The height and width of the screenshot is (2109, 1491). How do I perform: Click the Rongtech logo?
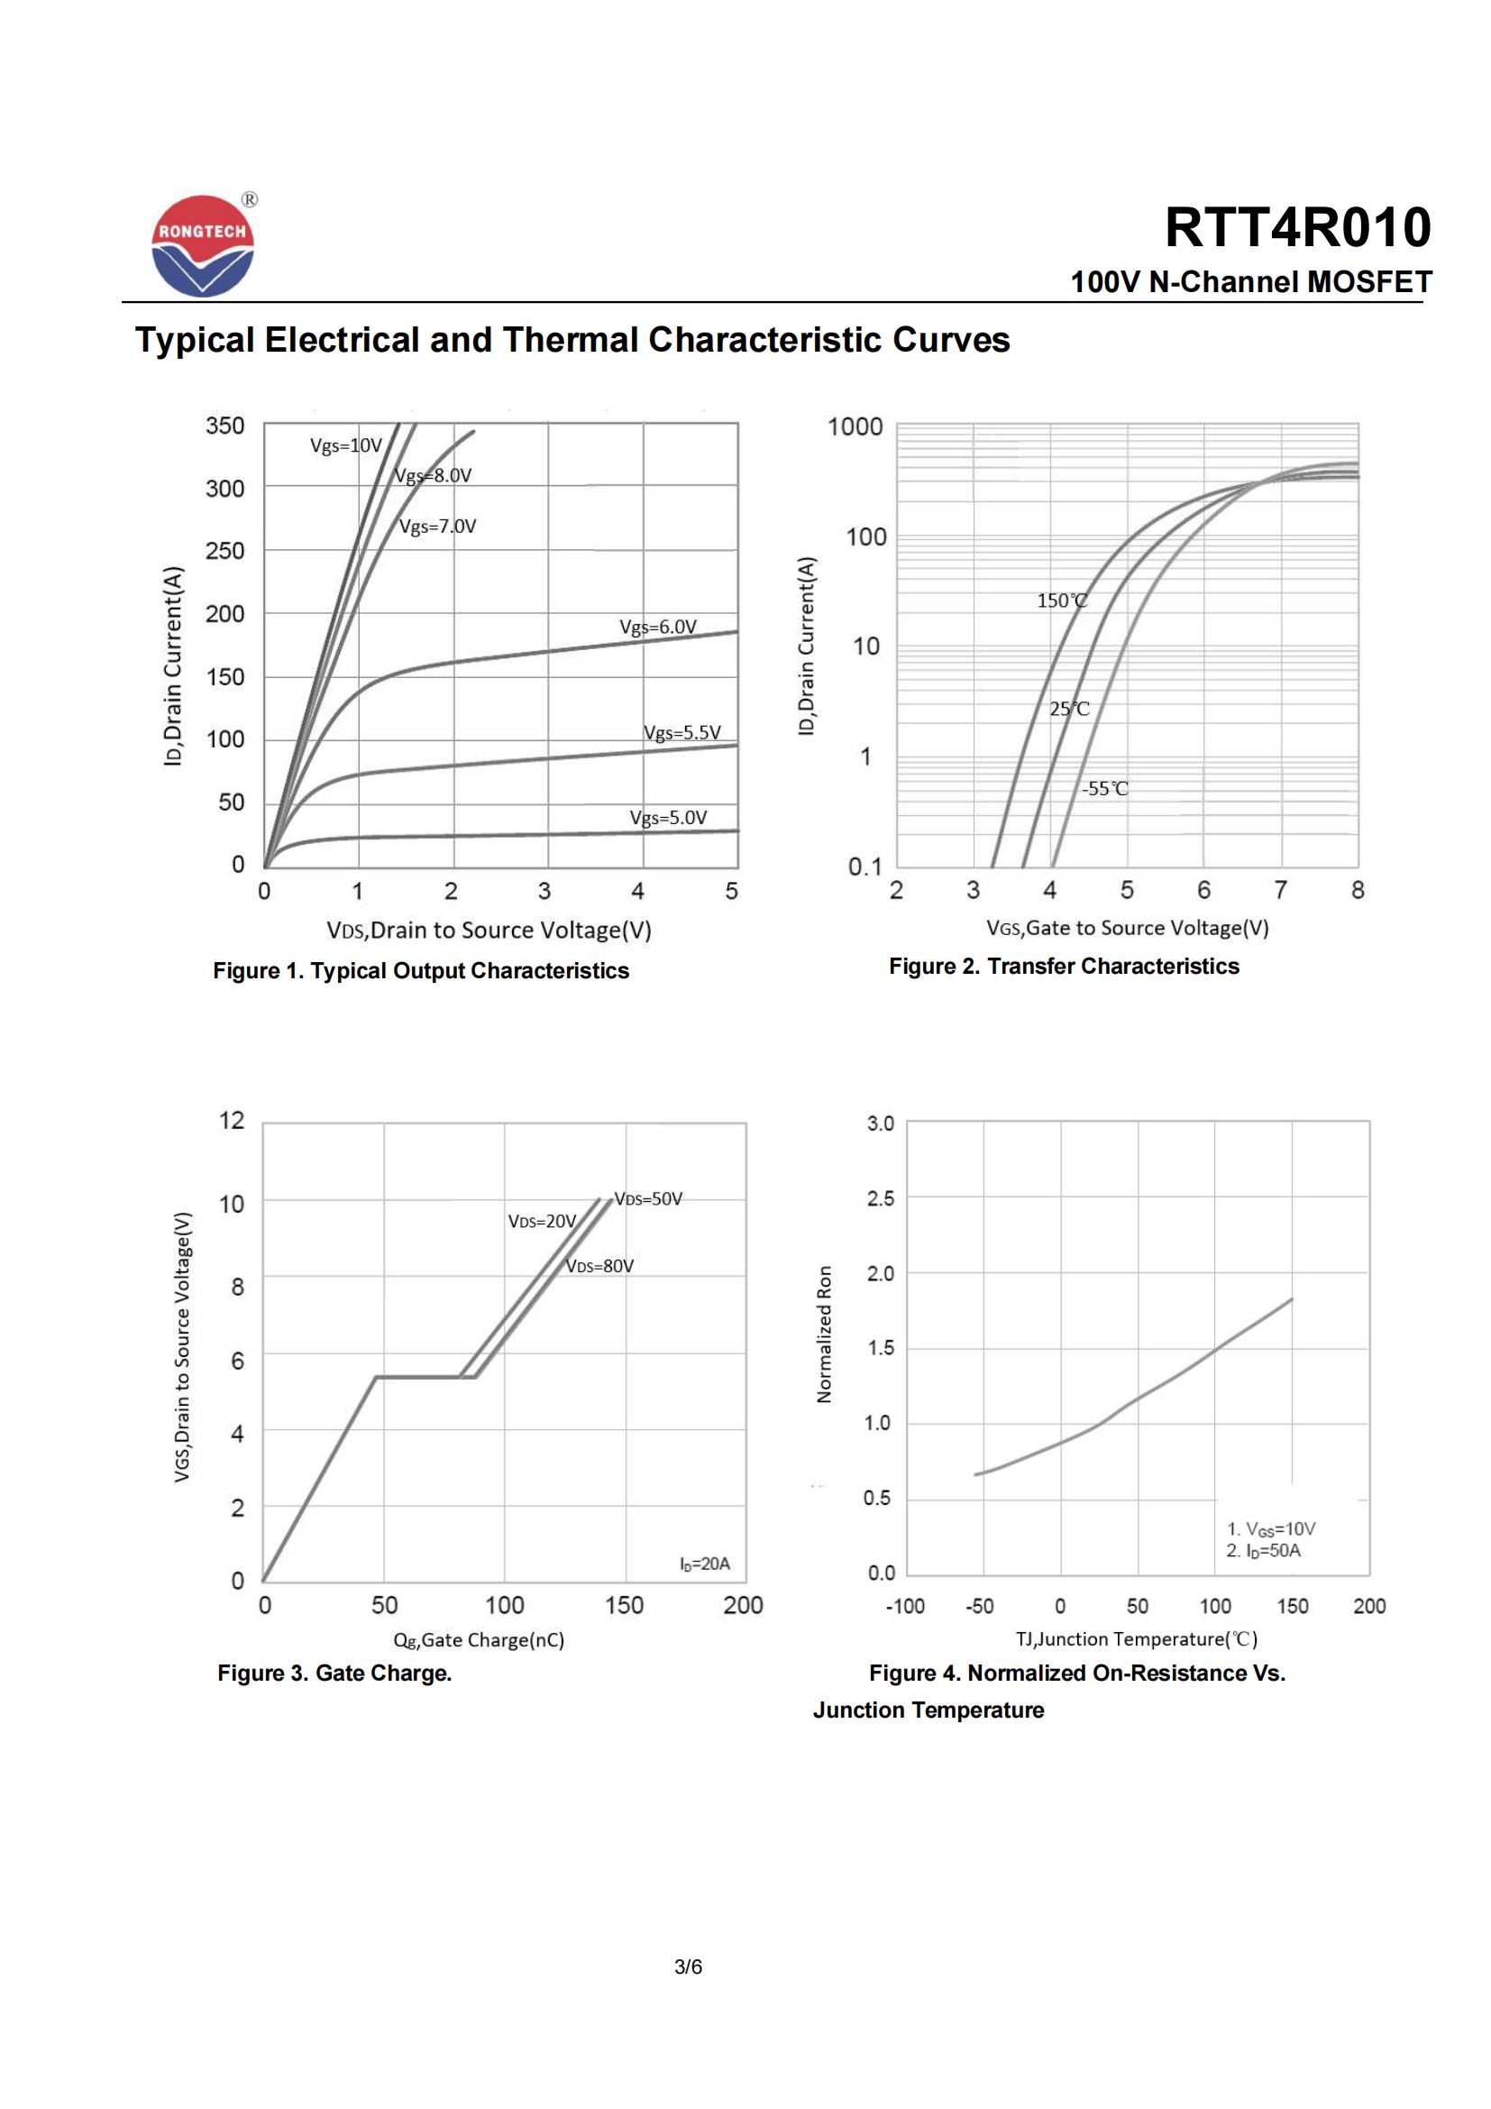pyautogui.click(x=203, y=245)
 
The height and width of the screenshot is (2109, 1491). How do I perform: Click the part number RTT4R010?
pyautogui.click(x=1297, y=227)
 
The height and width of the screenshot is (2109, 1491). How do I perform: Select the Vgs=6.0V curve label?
pyautogui.click(x=657, y=628)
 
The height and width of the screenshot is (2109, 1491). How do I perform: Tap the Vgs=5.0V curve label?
pyautogui.click(x=667, y=818)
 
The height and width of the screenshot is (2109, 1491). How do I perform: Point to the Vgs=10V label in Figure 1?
pyautogui.click(x=345, y=445)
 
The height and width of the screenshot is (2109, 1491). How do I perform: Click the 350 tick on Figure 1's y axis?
pyautogui.click(x=225, y=426)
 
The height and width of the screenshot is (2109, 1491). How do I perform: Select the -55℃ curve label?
pyautogui.click(x=1104, y=788)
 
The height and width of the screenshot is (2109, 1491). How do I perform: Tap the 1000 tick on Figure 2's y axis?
pyautogui.click(x=855, y=427)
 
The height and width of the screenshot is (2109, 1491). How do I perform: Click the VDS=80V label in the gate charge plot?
pyautogui.click(x=599, y=1266)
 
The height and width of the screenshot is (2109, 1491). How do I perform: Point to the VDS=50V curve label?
pyautogui.click(x=648, y=1198)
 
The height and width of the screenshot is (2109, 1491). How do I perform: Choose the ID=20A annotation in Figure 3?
pyautogui.click(x=705, y=1563)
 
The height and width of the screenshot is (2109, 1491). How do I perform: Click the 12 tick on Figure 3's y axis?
pyautogui.click(x=233, y=1121)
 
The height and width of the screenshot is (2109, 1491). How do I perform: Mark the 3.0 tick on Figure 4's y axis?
pyautogui.click(x=880, y=1123)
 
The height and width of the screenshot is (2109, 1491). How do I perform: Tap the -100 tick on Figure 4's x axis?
pyautogui.click(x=905, y=1606)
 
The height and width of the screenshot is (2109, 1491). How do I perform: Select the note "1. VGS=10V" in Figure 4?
pyautogui.click(x=1271, y=1528)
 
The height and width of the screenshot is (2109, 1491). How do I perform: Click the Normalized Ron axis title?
pyautogui.click(x=825, y=1334)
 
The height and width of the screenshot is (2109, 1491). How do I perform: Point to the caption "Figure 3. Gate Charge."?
pyautogui.click(x=334, y=1673)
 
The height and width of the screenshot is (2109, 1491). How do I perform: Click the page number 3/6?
pyautogui.click(x=688, y=1967)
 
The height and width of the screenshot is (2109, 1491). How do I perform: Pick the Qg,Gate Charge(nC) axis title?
pyautogui.click(x=479, y=1639)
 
